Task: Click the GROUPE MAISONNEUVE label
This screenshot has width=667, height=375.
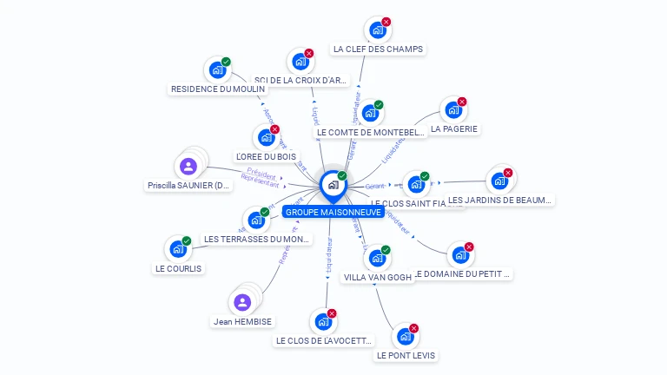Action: [333, 212]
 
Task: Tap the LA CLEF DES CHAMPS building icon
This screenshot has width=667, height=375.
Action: [377, 30]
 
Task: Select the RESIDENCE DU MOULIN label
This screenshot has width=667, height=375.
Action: [218, 89]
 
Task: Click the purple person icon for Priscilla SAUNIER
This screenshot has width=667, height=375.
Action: [188, 166]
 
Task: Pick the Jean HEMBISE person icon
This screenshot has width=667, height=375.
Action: [242, 302]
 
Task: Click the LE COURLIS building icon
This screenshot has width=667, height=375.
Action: [178, 249]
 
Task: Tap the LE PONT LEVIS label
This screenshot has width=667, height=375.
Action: [406, 355]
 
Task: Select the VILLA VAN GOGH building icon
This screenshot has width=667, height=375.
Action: [377, 258]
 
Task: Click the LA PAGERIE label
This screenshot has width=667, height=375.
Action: [454, 128]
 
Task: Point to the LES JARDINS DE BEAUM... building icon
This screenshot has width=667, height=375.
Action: [499, 181]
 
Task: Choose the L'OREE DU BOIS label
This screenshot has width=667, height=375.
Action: [266, 156]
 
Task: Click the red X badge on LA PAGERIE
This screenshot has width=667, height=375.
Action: [462, 102]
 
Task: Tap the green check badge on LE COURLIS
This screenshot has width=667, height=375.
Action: [187, 240]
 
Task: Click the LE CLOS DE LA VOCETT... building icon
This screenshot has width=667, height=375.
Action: [323, 322]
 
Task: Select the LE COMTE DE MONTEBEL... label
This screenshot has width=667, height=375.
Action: [371, 133]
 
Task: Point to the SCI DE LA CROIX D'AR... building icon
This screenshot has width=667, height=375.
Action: [300, 62]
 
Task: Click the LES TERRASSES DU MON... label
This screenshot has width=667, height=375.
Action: [256, 239]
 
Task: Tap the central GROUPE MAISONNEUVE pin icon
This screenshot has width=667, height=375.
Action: [333, 185]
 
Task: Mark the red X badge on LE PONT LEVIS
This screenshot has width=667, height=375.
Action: [413, 328]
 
